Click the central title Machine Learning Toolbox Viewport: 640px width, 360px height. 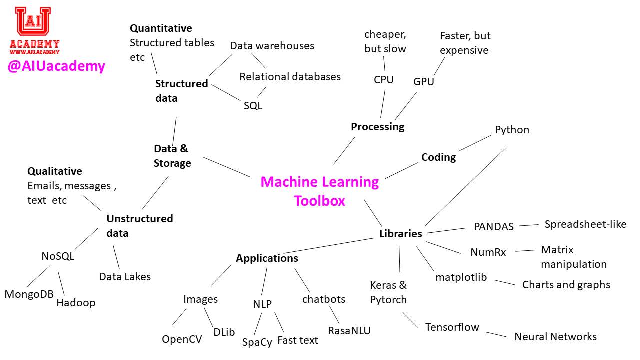(x=320, y=191)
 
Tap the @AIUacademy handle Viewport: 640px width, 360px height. (x=56, y=66)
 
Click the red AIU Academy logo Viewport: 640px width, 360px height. (x=34, y=30)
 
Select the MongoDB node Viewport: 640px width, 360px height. (x=29, y=294)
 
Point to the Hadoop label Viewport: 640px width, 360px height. (x=76, y=303)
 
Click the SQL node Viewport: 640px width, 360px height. (x=253, y=106)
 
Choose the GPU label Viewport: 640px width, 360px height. (x=424, y=82)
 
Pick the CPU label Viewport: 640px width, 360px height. (x=384, y=80)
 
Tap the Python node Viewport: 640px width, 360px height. (x=512, y=130)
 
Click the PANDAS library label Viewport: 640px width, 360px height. (x=494, y=227)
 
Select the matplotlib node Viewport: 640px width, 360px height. (x=461, y=277)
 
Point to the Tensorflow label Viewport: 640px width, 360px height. (x=452, y=327)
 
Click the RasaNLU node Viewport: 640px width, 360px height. (x=349, y=330)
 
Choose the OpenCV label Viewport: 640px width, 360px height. (x=182, y=339)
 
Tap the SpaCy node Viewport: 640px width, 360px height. (x=257, y=342)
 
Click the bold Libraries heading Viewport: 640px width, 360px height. (x=401, y=234)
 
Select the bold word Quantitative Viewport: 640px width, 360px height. (x=161, y=28)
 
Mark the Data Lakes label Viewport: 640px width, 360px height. (x=125, y=277)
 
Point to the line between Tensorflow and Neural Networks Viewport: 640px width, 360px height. (x=496, y=334)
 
